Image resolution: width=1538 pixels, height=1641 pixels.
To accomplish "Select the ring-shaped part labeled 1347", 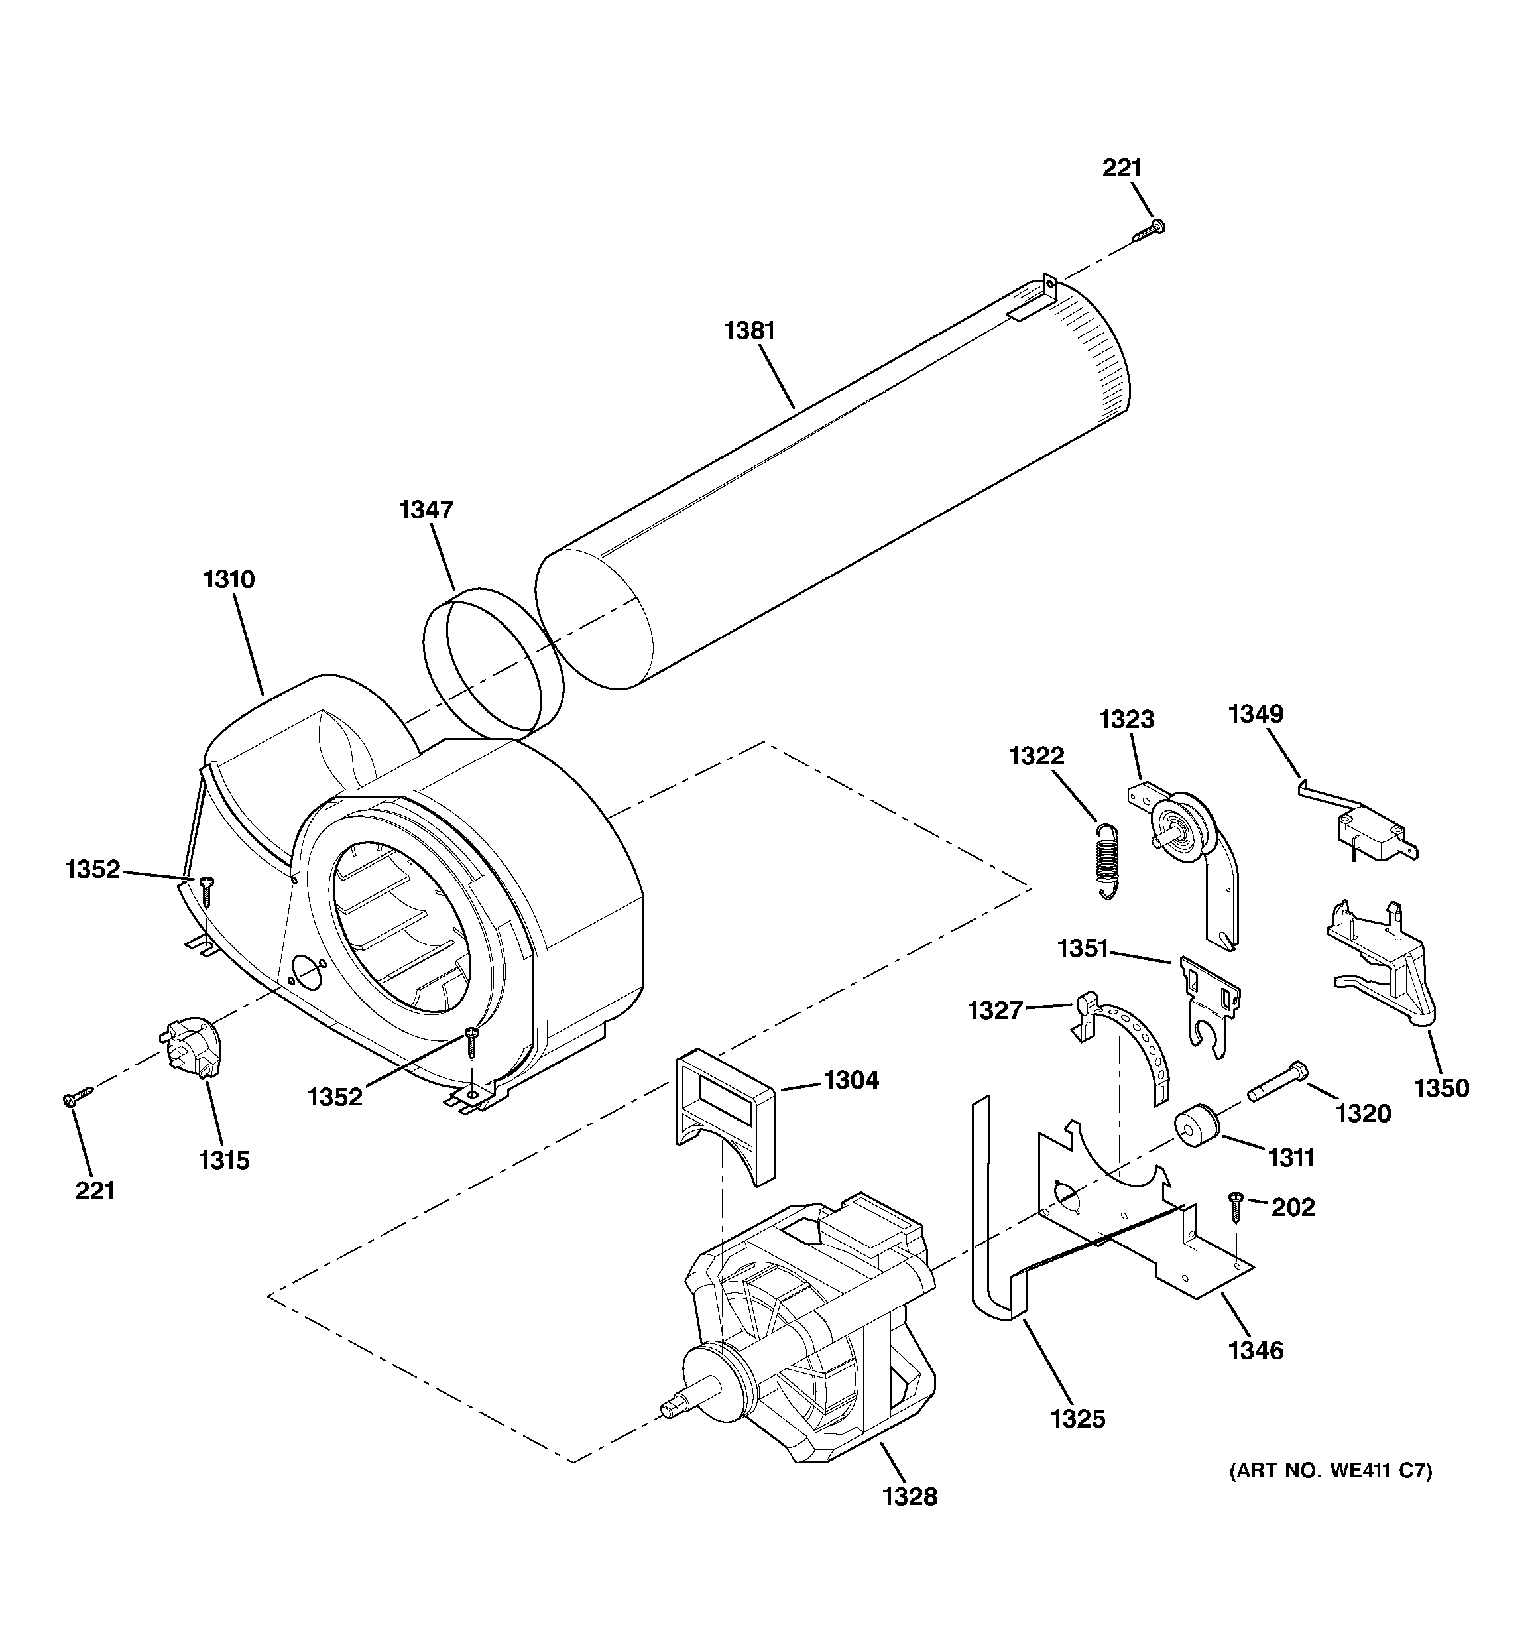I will (x=493, y=661).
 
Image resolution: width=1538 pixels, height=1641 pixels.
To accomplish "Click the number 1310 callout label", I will (x=229, y=579).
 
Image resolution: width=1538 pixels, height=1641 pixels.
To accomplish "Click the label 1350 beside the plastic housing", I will (x=1441, y=1088).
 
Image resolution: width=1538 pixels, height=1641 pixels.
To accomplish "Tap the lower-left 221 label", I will (x=95, y=1190).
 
